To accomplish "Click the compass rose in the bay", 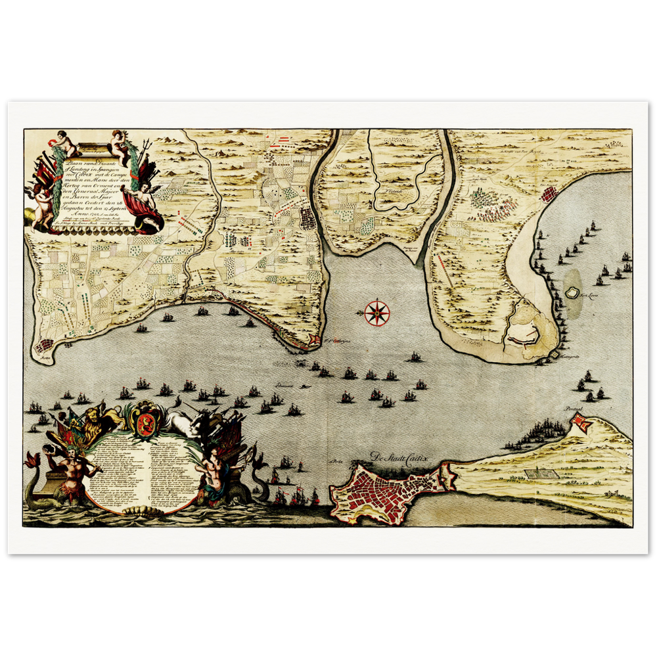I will (376, 312).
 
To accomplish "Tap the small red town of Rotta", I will (45, 345).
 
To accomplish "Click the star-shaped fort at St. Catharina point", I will (313, 340).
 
